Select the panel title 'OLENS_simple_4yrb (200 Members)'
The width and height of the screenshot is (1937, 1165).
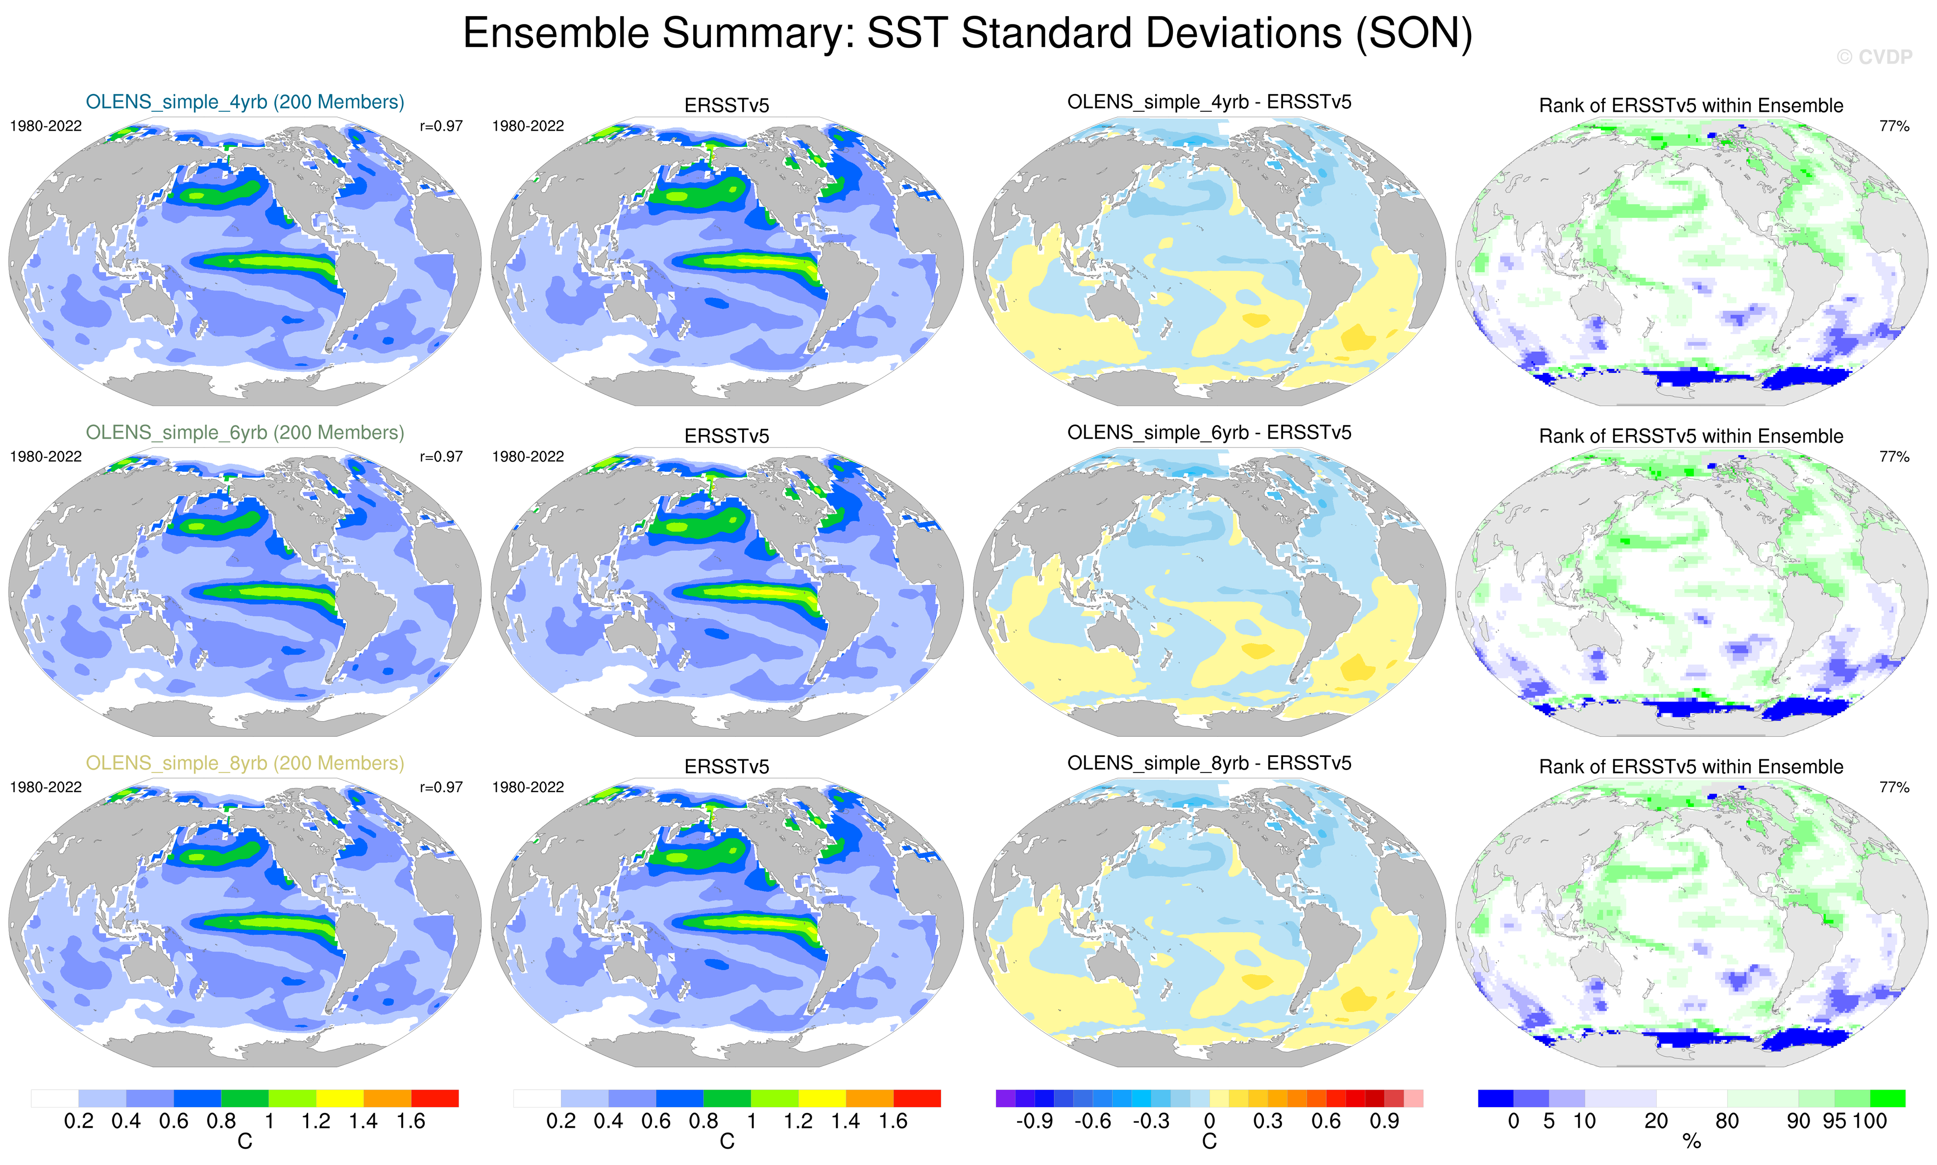coord(245,102)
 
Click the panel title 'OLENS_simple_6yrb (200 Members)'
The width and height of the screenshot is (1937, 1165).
coord(245,433)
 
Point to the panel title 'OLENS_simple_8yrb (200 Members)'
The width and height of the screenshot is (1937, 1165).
coord(245,763)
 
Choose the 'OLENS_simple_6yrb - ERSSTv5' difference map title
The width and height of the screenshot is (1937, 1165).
coord(1209,433)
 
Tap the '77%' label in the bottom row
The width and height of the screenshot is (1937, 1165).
coord(1894,787)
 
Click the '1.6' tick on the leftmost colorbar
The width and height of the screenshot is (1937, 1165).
coord(411,1121)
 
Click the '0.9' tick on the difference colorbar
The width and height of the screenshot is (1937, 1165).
coord(1384,1121)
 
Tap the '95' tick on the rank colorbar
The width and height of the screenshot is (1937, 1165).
coord(1834,1121)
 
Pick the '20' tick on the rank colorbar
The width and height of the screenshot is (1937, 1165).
coord(1656,1121)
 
